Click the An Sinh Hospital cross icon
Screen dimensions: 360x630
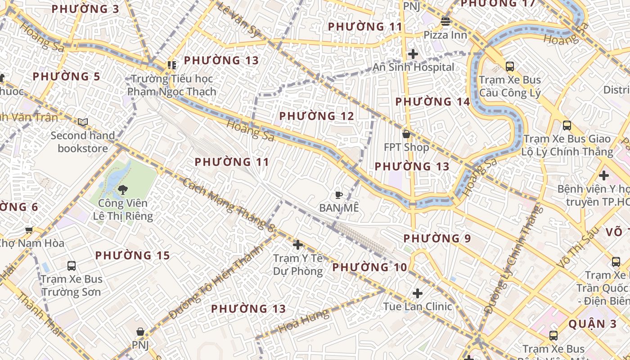[x=413, y=54]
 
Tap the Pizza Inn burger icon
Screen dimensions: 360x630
[x=445, y=21]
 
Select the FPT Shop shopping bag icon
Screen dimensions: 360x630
[x=406, y=134]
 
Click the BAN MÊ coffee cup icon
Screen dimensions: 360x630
[x=339, y=195]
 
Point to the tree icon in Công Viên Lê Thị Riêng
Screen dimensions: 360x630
[x=122, y=190]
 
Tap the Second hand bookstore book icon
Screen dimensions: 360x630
[x=83, y=122]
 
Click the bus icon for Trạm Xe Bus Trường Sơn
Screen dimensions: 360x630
[x=72, y=265]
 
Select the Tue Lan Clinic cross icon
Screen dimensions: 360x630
[x=418, y=293]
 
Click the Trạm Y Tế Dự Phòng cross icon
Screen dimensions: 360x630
[x=297, y=245]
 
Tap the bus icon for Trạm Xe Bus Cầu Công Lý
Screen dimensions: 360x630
[x=510, y=67]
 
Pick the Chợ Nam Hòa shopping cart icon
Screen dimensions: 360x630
[x=29, y=230]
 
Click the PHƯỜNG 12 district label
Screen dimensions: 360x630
[x=316, y=116]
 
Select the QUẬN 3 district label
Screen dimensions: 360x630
[x=593, y=324]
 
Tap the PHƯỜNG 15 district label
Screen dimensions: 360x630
[x=132, y=256]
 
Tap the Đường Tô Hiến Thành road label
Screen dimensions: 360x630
[x=215, y=282]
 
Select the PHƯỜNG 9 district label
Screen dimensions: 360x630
[x=436, y=238]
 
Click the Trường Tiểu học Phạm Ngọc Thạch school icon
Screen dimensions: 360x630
[x=171, y=66]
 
